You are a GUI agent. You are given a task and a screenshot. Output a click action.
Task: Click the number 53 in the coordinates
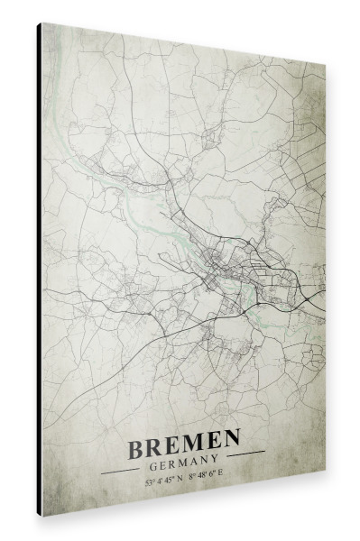tap(147, 483)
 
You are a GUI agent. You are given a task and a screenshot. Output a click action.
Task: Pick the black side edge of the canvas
tap(39, 270)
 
